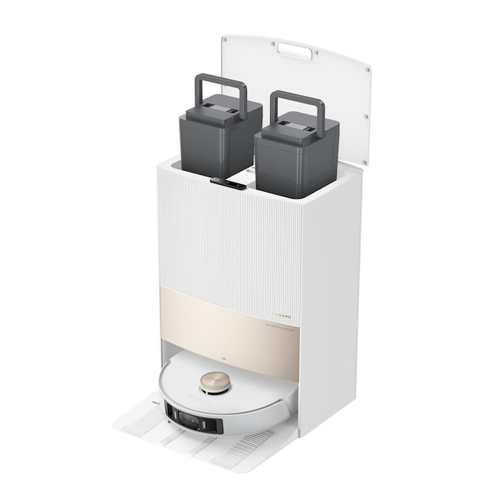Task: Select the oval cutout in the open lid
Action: pyautogui.click(x=295, y=51)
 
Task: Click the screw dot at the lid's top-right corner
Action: pyautogui.click(x=367, y=70)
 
